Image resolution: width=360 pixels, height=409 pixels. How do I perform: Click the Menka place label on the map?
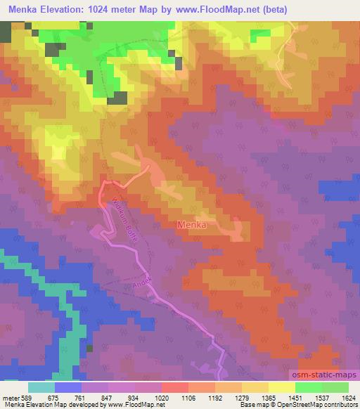pos(191,225)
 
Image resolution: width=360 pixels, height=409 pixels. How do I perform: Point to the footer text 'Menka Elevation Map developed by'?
pos(53,405)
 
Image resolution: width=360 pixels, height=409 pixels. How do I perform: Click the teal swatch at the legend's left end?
pos(41,387)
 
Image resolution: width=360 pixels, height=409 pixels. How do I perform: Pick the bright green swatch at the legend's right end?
pos(335,387)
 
